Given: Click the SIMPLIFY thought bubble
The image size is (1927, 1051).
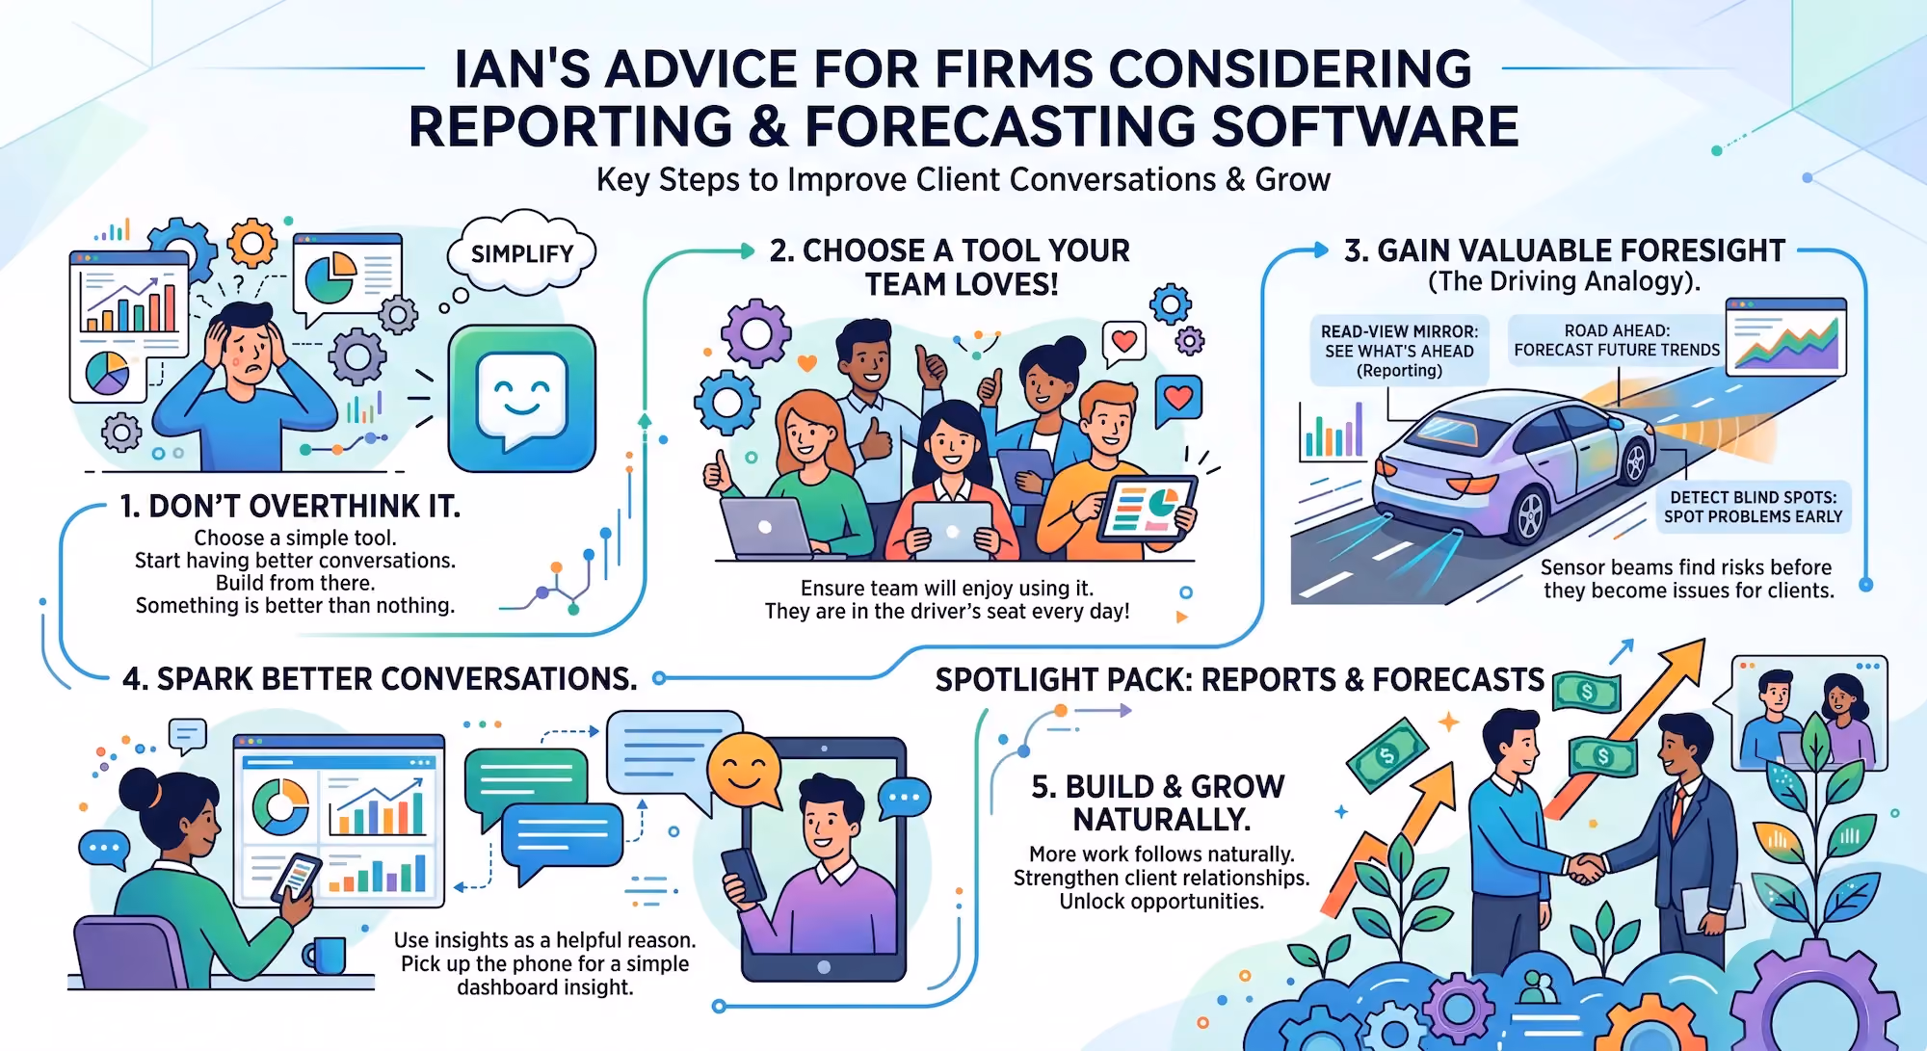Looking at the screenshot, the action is [521, 252].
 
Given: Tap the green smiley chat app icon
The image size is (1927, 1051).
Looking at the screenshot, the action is [522, 398].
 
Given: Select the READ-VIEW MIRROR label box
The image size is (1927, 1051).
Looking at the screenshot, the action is [1399, 351].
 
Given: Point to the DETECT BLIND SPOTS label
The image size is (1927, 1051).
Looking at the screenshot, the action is [1753, 507].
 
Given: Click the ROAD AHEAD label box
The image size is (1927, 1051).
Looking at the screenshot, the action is [1617, 340].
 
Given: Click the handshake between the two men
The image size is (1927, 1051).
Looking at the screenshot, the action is [1585, 868].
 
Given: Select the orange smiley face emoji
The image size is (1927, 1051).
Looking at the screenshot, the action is [744, 771].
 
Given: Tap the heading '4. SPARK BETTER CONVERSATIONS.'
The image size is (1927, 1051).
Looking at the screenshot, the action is [380, 678].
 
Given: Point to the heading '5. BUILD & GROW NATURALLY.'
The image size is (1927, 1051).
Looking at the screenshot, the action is [1159, 802].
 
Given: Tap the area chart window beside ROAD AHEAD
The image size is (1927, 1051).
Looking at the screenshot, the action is [1786, 337].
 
